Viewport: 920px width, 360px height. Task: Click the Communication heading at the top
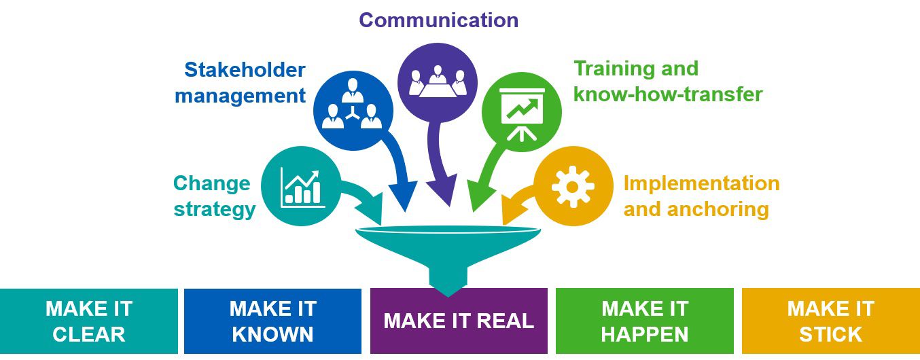click(x=438, y=20)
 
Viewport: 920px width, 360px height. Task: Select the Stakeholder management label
click(x=241, y=82)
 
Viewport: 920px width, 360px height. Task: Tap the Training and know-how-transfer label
click(x=668, y=81)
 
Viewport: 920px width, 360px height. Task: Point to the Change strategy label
click(x=214, y=196)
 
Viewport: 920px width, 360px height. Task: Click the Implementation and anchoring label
click(x=701, y=196)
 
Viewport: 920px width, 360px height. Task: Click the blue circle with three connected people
click(x=352, y=109)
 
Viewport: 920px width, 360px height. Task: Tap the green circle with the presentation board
click(x=520, y=112)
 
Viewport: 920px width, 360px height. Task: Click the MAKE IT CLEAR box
click(x=89, y=321)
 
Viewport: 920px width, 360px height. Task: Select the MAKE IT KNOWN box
click(x=272, y=321)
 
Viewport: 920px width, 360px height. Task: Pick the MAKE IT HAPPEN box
click(x=645, y=321)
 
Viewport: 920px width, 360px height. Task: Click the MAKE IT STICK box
click(x=830, y=321)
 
